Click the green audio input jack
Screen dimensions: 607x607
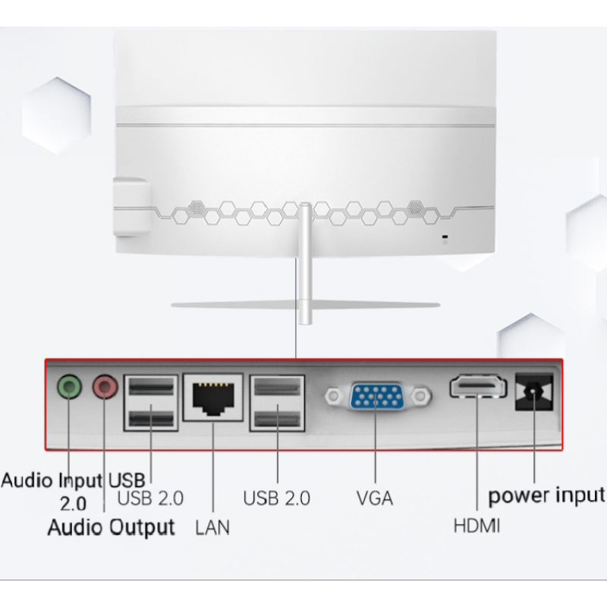70,388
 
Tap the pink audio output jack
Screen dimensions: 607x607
105,388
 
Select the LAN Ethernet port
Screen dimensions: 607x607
215,396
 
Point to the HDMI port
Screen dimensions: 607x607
476,388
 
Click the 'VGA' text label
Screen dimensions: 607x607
375,499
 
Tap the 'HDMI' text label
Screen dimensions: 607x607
476,525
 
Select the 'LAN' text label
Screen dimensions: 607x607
212,525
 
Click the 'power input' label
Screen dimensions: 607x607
546,496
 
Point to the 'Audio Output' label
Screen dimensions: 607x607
112,527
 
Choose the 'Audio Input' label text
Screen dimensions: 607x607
53,480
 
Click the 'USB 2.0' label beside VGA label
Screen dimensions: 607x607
277,499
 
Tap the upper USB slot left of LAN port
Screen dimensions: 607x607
150,388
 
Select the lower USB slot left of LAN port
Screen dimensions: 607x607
150,417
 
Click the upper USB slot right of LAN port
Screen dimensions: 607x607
276,388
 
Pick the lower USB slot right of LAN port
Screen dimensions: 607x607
276,417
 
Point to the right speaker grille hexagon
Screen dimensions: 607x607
415,206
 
